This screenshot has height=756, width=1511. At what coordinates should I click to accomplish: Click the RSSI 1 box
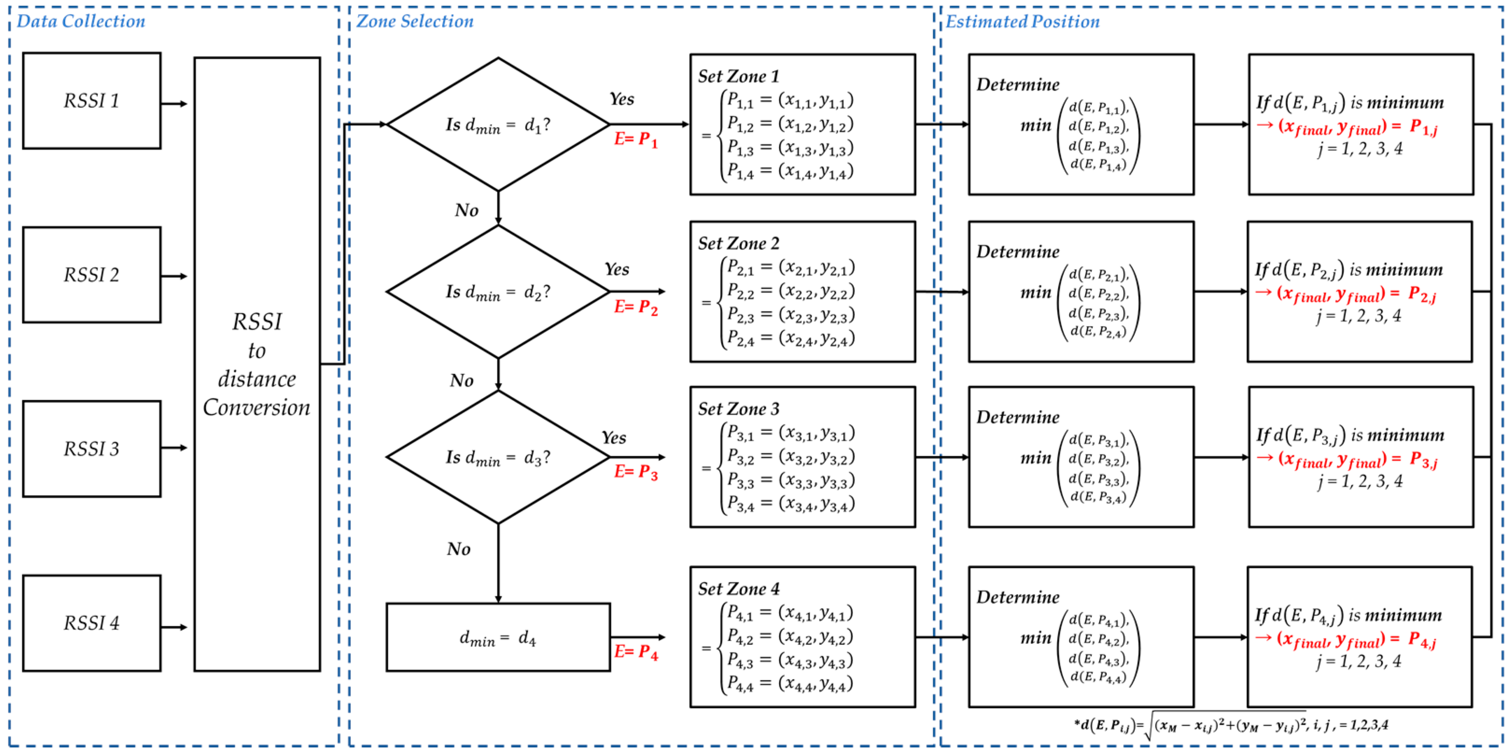[x=91, y=100]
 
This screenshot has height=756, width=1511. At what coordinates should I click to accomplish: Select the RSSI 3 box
[x=91, y=449]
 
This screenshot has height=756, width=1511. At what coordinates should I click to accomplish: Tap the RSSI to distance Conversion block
[x=257, y=364]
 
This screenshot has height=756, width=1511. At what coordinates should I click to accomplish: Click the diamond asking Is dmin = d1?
[x=498, y=124]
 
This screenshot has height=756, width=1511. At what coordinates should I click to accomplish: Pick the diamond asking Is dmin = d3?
[x=498, y=457]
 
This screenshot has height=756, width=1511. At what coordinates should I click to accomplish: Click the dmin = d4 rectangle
[x=498, y=637]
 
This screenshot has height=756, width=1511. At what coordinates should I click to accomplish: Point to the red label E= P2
[x=636, y=307]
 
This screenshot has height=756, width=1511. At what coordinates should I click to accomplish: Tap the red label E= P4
[x=636, y=651]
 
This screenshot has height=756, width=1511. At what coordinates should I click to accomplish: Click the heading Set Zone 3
[x=739, y=409]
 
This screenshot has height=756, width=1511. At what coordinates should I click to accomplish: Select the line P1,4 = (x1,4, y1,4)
[x=790, y=171]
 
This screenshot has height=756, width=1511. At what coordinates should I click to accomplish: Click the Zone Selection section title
[x=415, y=22]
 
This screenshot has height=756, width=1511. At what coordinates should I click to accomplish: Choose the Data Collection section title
[x=81, y=22]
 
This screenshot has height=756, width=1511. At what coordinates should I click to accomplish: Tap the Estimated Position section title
[x=1022, y=22]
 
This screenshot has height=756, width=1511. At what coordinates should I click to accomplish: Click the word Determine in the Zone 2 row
[x=1018, y=252]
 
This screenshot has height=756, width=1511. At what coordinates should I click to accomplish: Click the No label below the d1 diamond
[x=466, y=210]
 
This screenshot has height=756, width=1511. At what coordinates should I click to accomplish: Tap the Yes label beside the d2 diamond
[x=617, y=269]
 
